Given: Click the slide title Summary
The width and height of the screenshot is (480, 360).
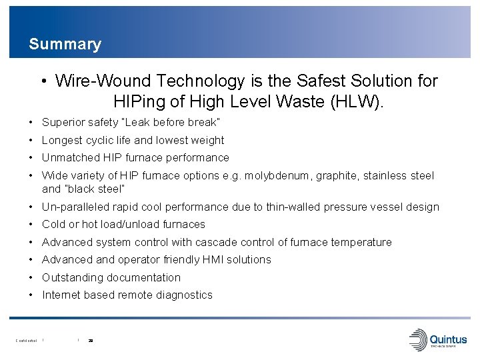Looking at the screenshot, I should (65, 45).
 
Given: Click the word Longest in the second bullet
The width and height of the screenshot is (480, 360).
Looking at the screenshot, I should (62, 140).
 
